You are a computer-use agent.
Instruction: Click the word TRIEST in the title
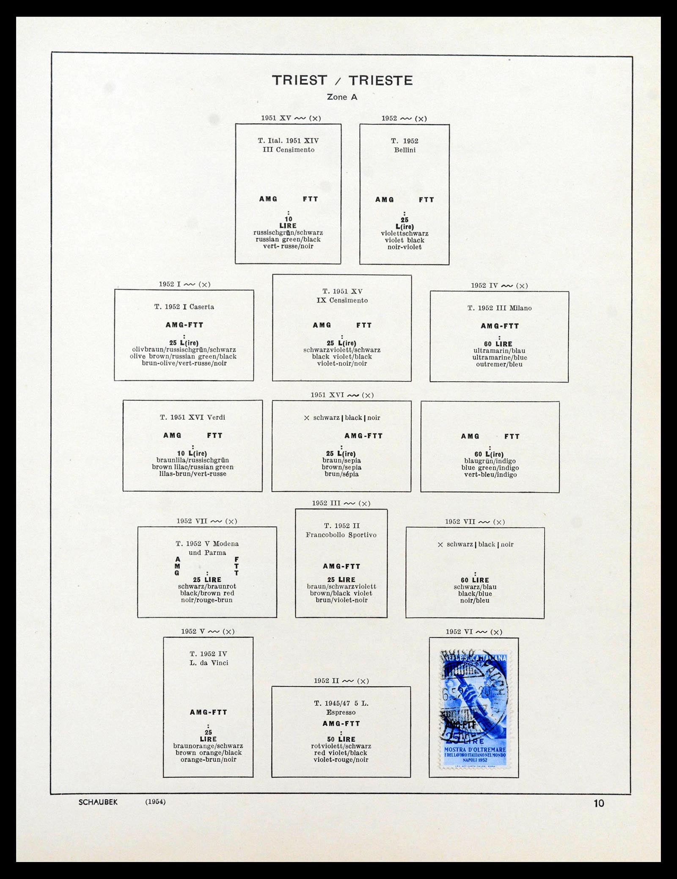click(x=300, y=80)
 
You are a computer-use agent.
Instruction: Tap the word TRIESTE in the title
click(x=380, y=80)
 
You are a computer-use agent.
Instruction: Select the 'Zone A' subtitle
click(x=342, y=97)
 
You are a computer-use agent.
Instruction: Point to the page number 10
click(x=599, y=803)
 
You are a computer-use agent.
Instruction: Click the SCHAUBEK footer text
click(x=98, y=802)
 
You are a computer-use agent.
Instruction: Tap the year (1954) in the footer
click(x=155, y=802)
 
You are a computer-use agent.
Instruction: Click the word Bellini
click(x=405, y=150)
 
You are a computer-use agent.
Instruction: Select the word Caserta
click(x=202, y=307)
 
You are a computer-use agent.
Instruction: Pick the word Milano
click(x=520, y=308)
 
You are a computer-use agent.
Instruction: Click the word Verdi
click(x=216, y=417)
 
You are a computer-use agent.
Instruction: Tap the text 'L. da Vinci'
click(x=209, y=663)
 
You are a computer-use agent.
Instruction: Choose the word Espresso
click(x=341, y=712)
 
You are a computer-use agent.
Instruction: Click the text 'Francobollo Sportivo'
click(x=341, y=535)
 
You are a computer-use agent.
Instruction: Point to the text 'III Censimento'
click(x=288, y=150)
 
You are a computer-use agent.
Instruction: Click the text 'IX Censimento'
click(x=342, y=300)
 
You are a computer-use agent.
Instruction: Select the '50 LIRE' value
click(x=341, y=739)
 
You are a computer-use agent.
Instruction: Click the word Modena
click(x=226, y=544)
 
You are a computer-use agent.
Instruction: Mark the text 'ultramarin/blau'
click(x=499, y=351)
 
